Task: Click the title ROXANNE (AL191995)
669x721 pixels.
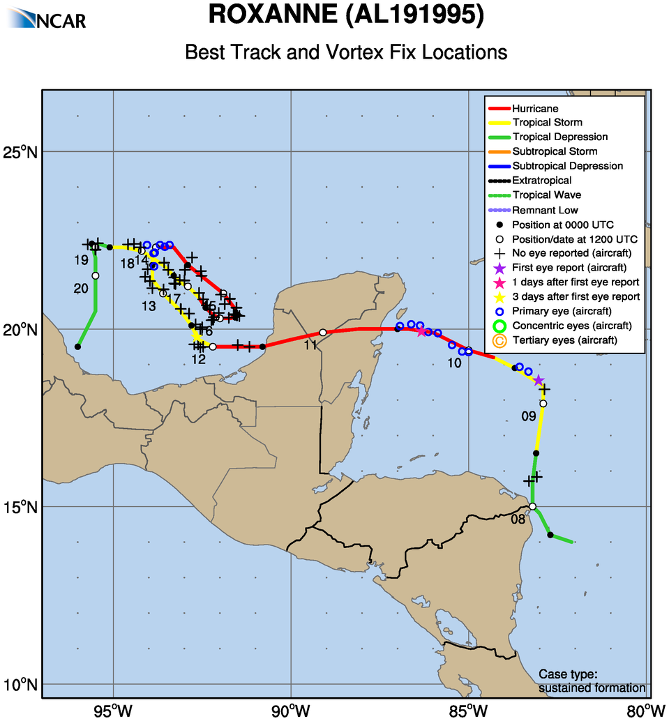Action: pyautogui.click(x=346, y=16)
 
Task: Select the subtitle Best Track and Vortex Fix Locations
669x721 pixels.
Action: pyautogui.click(x=346, y=52)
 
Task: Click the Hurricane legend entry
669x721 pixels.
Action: pyautogui.click(x=535, y=108)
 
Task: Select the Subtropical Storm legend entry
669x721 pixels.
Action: pyautogui.click(x=554, y=151)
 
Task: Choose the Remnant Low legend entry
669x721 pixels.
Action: pyautogui.click(x=545, y=210)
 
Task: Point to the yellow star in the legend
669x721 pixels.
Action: pyautogui.click(x=498, y=297)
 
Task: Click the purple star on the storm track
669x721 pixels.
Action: pyautogui.click(x=539, y=380)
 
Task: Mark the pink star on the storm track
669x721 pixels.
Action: pyautogui.click(x=421, y=331)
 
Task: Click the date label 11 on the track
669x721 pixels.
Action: pyautogui.click(x=310, y=345)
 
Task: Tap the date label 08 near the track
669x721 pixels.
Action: pyautogui.click(x=518, y=519)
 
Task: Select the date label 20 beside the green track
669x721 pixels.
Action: pyautogui.click(x=81, y=289)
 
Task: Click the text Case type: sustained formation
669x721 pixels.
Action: pyautogui.click(x=592, y=681)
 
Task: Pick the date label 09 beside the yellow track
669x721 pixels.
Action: pyautogui.click(x=528, y=417)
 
